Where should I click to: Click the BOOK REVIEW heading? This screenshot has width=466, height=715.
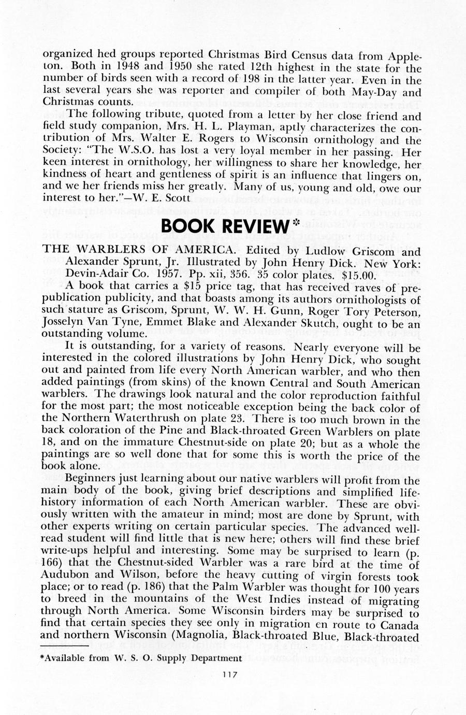[x=223, y=226]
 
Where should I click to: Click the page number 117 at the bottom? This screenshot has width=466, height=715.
[x=229, y=674]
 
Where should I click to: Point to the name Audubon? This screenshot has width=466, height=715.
[x=62, y=576]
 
